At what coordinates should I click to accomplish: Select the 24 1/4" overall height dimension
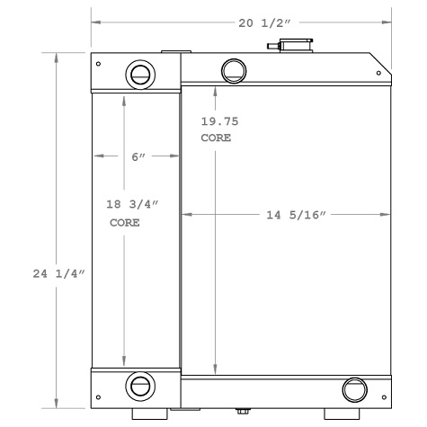coord(58,273)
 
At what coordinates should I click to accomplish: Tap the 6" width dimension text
coord(138,156)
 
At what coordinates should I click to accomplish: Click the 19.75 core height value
coord(220,121)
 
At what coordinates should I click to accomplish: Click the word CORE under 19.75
coord(217,138)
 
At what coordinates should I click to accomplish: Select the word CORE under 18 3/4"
coord(125,222)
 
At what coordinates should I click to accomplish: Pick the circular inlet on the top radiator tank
coord(233,69)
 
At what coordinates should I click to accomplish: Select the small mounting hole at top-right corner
coord(383,73)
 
